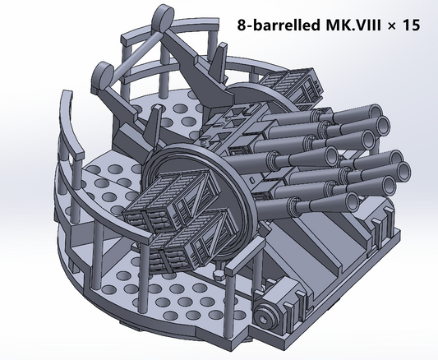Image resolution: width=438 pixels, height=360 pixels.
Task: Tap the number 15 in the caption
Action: (x=411, y=25)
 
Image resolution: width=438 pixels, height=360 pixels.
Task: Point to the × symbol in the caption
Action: (x=392, y=26)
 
